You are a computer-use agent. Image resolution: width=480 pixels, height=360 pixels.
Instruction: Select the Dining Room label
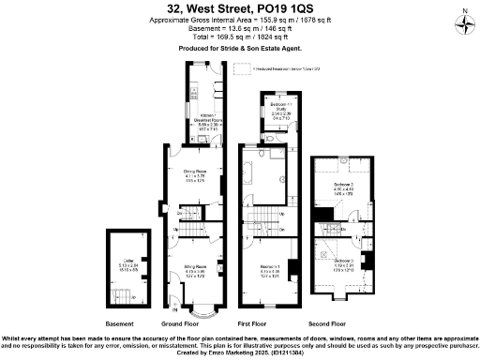(x=194, y=174)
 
